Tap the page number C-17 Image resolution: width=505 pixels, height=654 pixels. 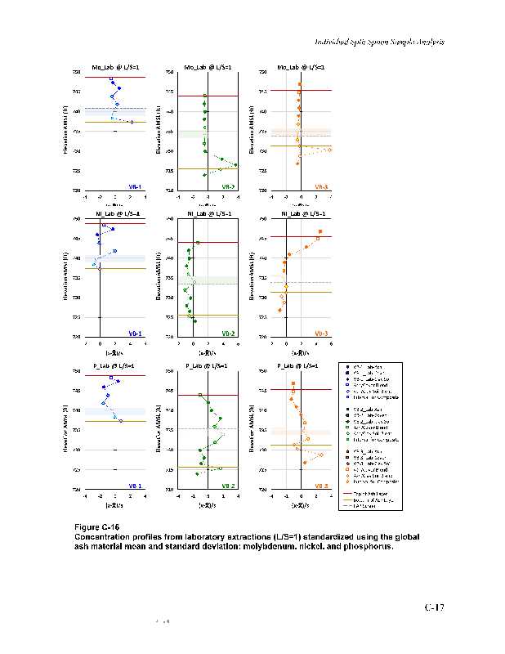434,607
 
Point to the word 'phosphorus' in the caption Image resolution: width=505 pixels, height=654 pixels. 366,546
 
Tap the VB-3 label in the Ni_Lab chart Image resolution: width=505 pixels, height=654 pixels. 321,334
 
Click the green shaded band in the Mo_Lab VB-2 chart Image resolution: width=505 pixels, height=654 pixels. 192,133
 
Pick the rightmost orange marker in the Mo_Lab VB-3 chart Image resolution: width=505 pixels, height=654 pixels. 328,150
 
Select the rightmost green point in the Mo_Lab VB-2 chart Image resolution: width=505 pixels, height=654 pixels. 235,165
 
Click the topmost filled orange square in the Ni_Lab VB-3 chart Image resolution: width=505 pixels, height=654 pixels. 320,232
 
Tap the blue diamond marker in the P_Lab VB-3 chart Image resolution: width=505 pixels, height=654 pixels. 321,455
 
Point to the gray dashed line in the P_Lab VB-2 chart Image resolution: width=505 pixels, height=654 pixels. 196,429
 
